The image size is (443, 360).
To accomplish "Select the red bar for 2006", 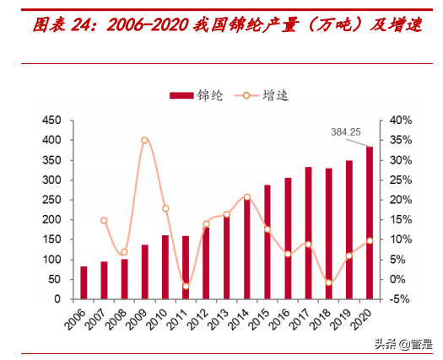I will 84,282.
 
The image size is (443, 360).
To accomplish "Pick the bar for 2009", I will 144,271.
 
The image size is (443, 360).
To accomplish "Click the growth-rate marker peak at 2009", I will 144,140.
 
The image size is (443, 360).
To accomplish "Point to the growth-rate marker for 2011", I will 186,287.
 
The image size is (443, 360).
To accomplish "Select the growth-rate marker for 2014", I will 246,197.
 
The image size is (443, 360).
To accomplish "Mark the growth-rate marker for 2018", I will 328,282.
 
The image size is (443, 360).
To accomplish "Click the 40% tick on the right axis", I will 399,121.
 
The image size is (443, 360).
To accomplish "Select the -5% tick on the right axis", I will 399,299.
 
